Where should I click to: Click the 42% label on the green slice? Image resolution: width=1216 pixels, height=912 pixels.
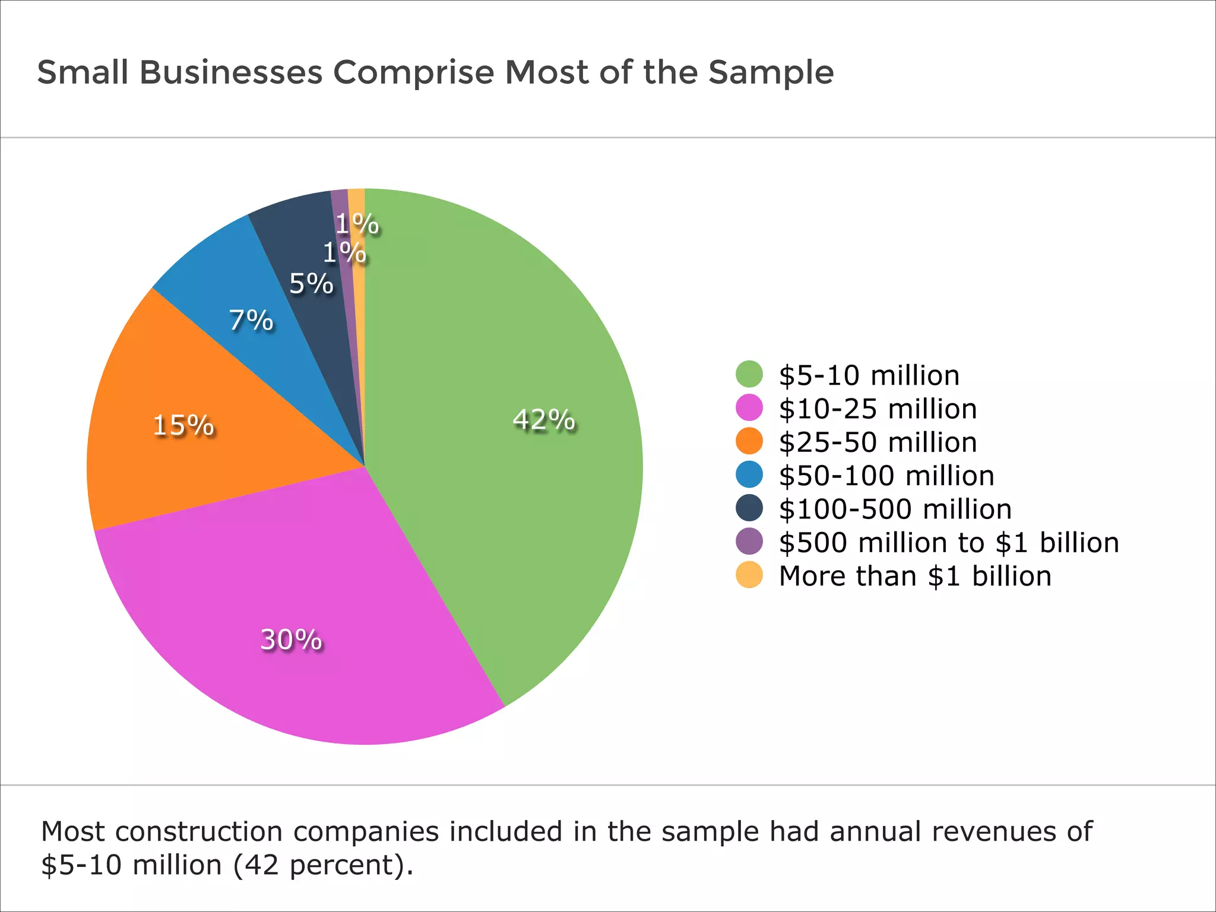click(543, 420)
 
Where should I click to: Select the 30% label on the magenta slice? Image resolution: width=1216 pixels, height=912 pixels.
click(291, 639)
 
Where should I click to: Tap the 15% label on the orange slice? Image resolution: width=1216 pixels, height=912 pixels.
click(183, 425)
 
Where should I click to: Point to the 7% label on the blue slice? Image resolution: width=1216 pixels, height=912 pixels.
click(251, 321)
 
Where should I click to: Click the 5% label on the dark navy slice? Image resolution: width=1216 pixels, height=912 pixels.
click(311, 284)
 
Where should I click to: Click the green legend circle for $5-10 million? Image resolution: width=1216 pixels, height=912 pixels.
click(749, 375)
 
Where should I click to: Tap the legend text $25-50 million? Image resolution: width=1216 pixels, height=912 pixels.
click(878, 442)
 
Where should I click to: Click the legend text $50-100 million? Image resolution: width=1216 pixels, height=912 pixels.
click(886, 476)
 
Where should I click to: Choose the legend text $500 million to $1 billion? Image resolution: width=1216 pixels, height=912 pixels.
click(948, 543)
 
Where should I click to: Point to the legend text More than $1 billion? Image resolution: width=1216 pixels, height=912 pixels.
click(914, 576)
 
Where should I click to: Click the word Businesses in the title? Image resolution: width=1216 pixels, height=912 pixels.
click(231, 72)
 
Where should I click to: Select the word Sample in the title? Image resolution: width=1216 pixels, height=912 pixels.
click(771, 72)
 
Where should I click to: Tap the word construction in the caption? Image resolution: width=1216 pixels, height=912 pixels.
click(199, 831)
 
